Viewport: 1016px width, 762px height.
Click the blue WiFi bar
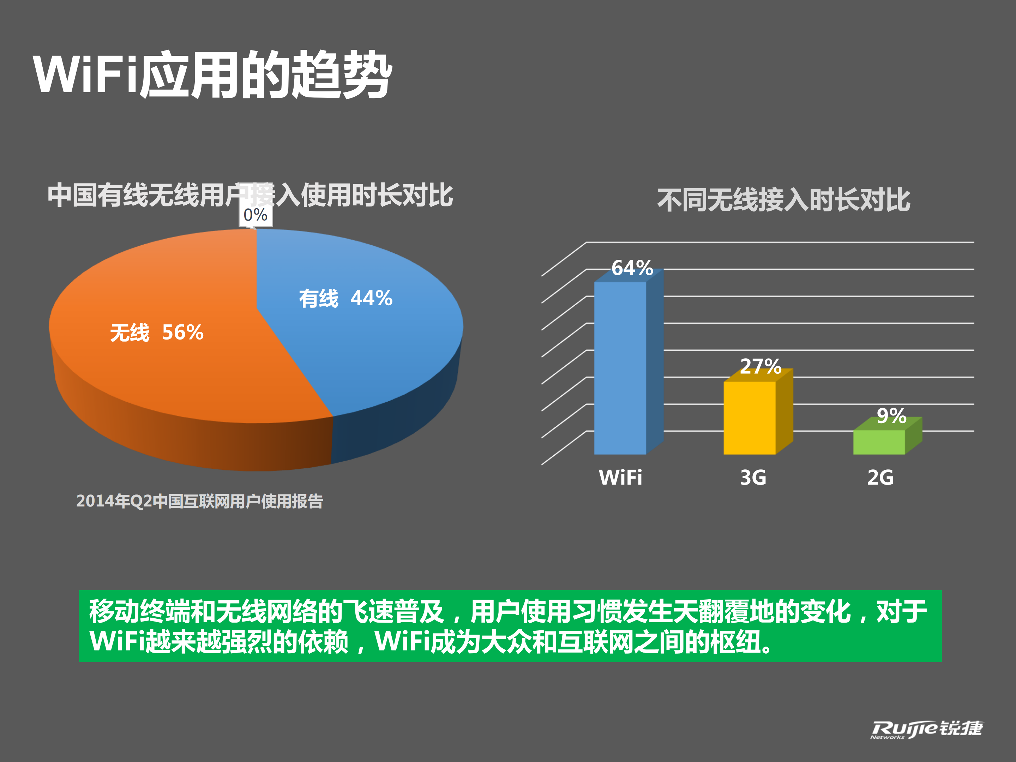(620, 367)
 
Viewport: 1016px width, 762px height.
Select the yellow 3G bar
(750, 418)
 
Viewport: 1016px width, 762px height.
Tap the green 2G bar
(879, 442)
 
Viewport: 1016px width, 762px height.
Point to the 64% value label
(632, 268)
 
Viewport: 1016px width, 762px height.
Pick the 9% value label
(891, 416)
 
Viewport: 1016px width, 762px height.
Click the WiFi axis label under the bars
(620, 478)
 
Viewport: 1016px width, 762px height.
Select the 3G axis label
(753, 478)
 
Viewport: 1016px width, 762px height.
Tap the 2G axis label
(880, 478)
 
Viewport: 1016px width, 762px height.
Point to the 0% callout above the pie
(255, 215)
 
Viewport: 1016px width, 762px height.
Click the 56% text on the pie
(183, 332)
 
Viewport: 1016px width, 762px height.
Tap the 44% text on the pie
(371, 298)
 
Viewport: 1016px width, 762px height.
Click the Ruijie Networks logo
(926, 729)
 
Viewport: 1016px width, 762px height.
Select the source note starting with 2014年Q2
(199, 501)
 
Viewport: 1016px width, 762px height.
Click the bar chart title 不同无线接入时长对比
(783, 200)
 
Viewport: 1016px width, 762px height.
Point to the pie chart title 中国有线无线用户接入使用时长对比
(250, 195)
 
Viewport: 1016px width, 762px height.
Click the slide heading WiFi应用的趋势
(212, 74)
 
